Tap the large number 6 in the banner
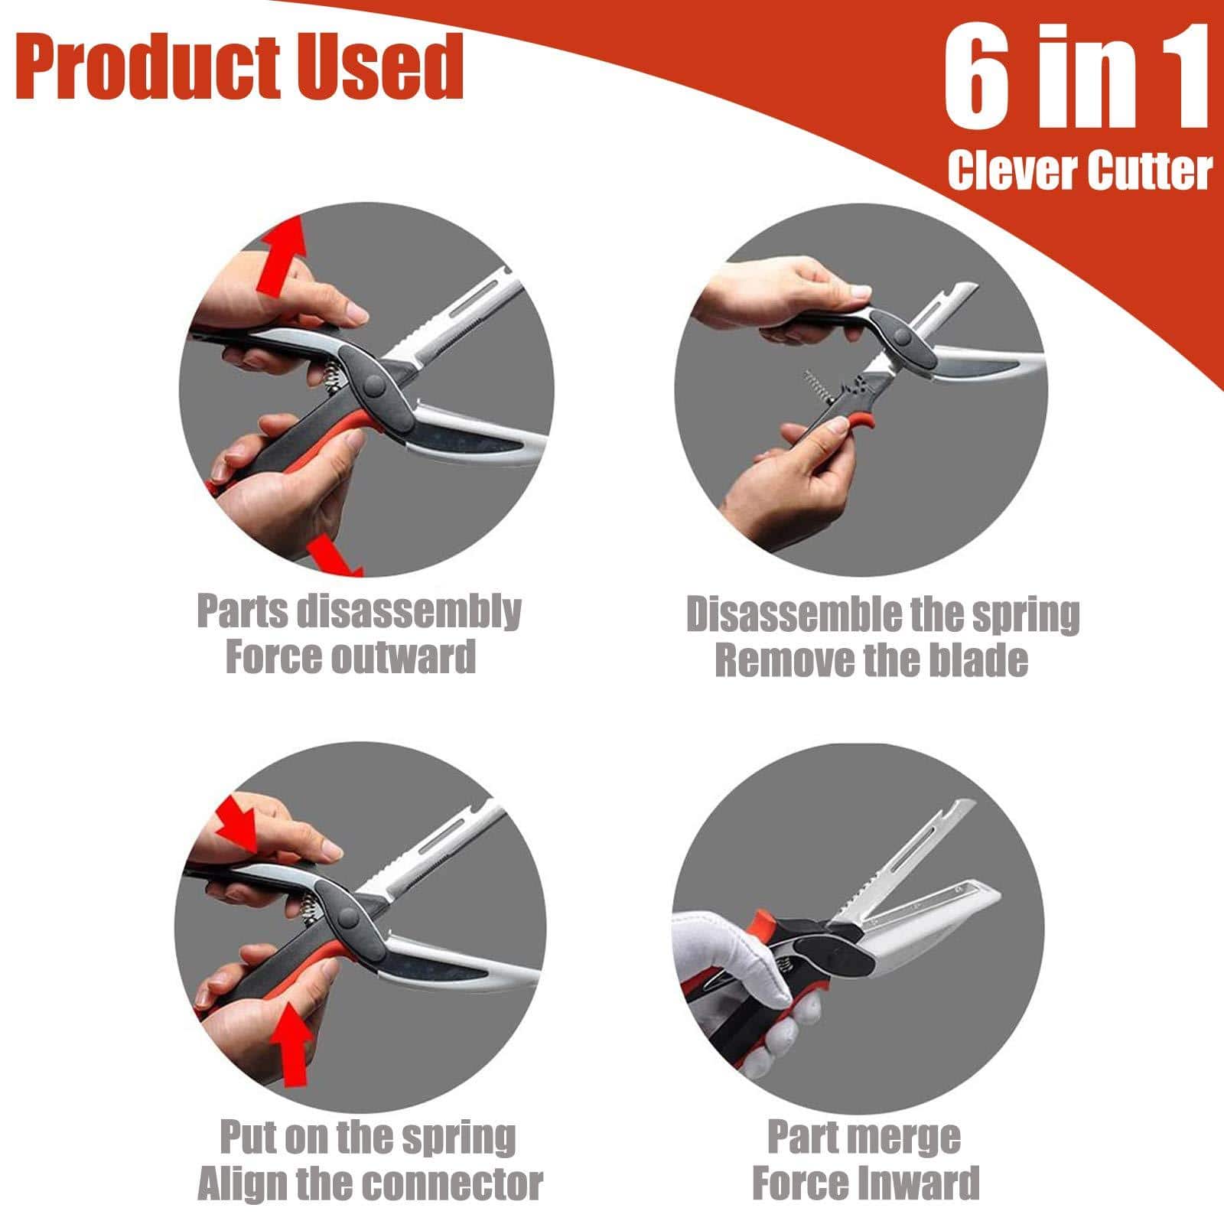[x=980, y=79]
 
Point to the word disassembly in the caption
[x=409, y=613]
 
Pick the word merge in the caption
[x=908, y=1138]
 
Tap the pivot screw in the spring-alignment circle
[x=353, y=915]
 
